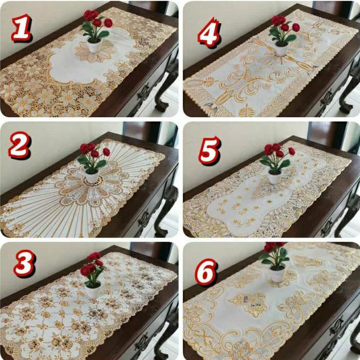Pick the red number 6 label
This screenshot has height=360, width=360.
(206, 273)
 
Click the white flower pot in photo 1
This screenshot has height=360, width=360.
(94, 46)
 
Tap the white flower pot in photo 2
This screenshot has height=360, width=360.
(92, 177)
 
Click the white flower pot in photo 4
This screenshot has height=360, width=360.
(281, 49)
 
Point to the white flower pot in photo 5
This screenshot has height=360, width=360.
(274, 177)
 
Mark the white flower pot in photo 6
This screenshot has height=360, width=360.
(277, 274)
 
